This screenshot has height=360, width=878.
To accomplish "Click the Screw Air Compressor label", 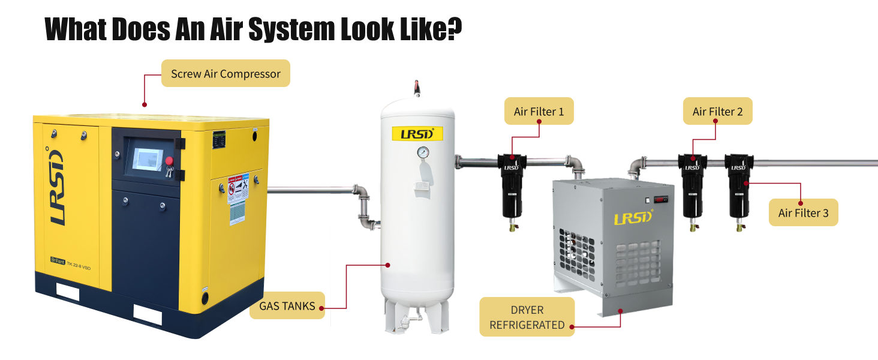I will point(225,74).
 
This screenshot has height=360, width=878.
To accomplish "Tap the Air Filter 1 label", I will point(539,112).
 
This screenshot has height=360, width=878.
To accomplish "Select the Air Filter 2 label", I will point(717,112).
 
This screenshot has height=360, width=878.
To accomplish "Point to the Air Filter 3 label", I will point(803,213).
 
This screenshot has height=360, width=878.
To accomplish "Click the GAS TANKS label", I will point(287,305).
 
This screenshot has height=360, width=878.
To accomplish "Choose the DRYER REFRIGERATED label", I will point(527,317).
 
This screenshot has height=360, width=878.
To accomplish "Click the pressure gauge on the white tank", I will point(424,152).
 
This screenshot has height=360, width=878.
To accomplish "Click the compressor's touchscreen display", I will point(147,157).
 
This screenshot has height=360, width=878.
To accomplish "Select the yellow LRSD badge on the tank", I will point(417,133).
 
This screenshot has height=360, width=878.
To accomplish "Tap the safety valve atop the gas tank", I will point(416,88).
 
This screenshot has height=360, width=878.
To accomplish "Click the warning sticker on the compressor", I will point(238,198).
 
